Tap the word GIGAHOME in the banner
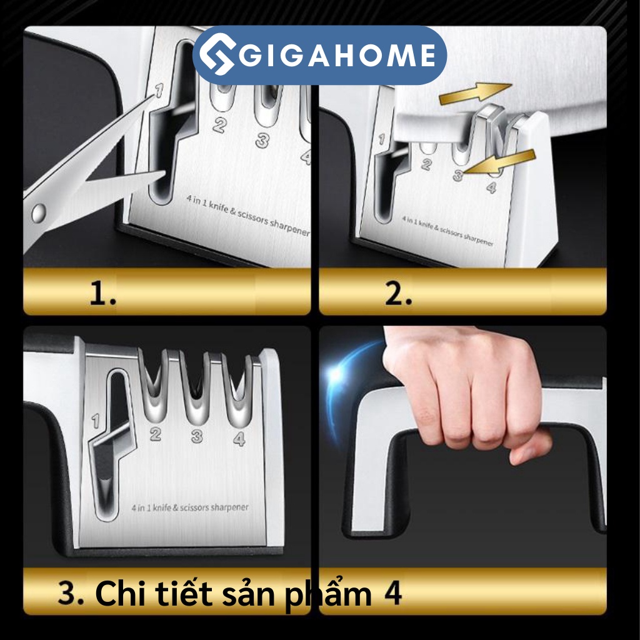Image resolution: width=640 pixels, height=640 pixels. pyautogui.click(x=337, y=56)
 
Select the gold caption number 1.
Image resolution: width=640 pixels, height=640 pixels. pyautogui.click(x=102, y=294)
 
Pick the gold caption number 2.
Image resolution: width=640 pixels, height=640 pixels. pyautogui.click(x=398, y=294)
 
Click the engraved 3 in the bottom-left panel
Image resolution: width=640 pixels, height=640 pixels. pyautogui.click(x=197, y=436)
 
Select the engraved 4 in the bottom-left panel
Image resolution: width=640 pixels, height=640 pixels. pyautogui.click(x=239, y=439)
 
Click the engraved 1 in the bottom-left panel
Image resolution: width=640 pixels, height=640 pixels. pyautogui.click(x=96, y=422)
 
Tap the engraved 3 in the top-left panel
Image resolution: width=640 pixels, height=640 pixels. pyautogui.click(x=262, y=140)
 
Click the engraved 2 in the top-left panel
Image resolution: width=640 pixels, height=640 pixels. pyautogui.click(x=219, y=125)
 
